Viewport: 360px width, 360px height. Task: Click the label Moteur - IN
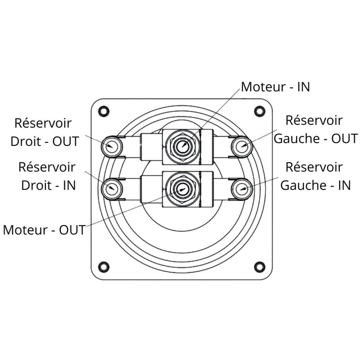[275, 87]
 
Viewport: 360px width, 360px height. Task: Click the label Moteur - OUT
[44, 230]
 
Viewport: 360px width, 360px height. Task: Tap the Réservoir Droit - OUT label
[44, 132]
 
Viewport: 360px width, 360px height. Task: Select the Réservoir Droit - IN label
[47, 176]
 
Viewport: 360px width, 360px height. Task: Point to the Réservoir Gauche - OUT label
[315, 129]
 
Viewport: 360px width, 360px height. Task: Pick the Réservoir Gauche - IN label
[315, 176]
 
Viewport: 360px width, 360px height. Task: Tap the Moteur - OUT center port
[182, 189]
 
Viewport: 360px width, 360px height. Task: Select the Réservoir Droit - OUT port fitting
[112, 146]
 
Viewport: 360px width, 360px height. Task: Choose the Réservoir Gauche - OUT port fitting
[242, 146]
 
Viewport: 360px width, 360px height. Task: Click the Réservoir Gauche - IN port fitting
[242, 188]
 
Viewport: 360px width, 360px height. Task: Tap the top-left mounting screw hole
[103, 111]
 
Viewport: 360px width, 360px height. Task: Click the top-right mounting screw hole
[260, 111]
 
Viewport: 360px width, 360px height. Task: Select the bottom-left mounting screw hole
[103, 267]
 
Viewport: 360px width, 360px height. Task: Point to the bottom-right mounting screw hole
[260, 267]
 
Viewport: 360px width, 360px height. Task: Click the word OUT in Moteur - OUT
[72, 230]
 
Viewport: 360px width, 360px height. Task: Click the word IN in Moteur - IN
[304, 87]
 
